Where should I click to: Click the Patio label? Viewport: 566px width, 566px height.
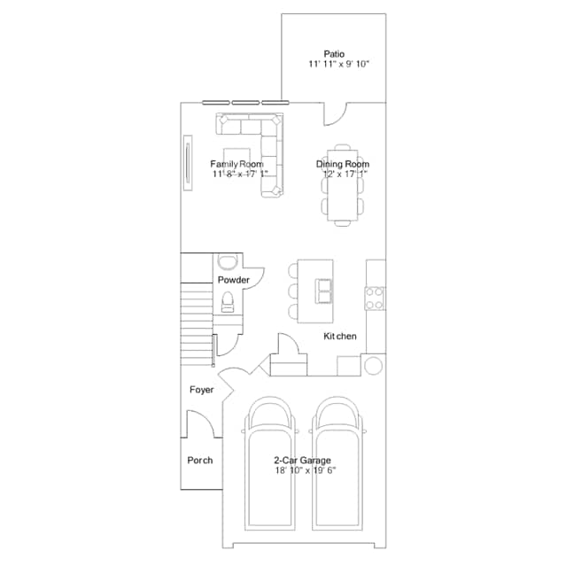click(334, 53)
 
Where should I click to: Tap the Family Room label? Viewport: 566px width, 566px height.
click(236, 164)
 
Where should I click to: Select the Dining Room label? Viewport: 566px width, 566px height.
click(343, 164)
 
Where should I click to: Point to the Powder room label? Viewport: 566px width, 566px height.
click(234, 280)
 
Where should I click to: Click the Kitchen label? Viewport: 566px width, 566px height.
click(340, 337)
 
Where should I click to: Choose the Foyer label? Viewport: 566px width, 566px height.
click(201, 390)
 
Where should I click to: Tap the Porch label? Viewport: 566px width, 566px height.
click(199, 460)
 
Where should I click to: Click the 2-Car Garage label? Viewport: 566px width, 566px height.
click(302, 461)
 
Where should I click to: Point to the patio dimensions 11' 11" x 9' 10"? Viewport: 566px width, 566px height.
click(338, 65)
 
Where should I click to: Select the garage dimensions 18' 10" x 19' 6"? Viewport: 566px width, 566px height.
click(305, 471)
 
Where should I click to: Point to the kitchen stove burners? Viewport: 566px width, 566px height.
click(375, 297)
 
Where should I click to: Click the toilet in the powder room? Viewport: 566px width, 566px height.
click(227, 302)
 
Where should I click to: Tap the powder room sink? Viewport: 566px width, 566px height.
click(227, 261)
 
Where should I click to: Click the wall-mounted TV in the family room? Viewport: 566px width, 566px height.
click(187, 161)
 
